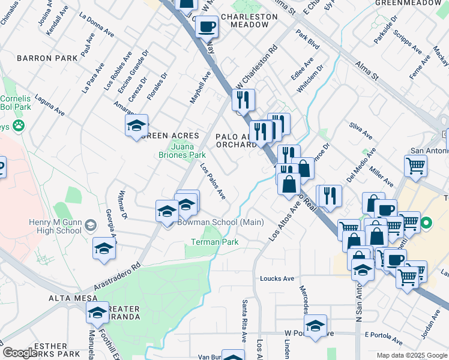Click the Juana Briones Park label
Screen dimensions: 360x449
[x=188, y=150]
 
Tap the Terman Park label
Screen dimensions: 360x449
[x=214, y=242]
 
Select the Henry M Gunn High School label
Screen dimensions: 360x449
[x=55, y=226]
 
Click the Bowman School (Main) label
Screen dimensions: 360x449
[x=221, y=223]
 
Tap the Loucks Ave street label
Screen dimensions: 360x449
[x=277, y=278]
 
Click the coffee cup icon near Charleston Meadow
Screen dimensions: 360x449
[x=206, y=28]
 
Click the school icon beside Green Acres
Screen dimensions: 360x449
[x=137, y=125]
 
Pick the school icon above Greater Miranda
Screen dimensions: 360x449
[x=98, y=312]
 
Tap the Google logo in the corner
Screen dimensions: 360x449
[x=20, y=353]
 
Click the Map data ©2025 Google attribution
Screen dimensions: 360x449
[x=412, y=355]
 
